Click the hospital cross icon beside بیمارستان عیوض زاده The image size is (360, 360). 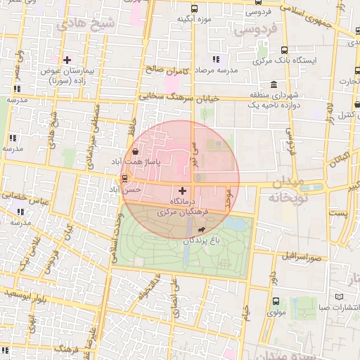[67, 60]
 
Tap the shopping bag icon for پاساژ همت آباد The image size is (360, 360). [134, 150]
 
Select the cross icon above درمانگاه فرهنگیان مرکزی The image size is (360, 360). [183, 191]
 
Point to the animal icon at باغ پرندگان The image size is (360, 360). [202, 230]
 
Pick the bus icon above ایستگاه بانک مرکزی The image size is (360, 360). [285, 50]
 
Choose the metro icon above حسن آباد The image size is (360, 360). [125, 178]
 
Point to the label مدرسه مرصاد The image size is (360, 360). [216, 71]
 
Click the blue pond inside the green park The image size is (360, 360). [237, 224]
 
